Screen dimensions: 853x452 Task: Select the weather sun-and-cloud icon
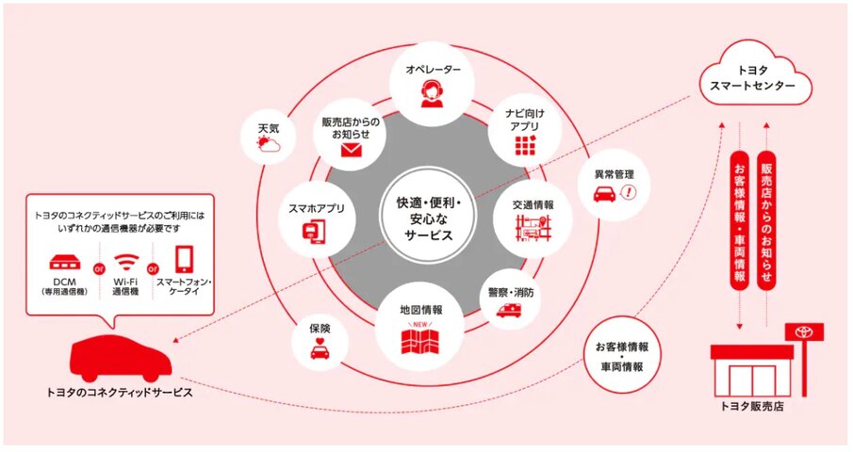tap(268, 143)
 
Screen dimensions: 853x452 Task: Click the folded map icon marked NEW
tap(420, 339)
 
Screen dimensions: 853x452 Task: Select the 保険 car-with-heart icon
tap(320, 350)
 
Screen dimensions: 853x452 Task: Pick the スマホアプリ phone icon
tap(313, 229)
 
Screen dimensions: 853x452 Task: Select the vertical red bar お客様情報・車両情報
tap(740, 221)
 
